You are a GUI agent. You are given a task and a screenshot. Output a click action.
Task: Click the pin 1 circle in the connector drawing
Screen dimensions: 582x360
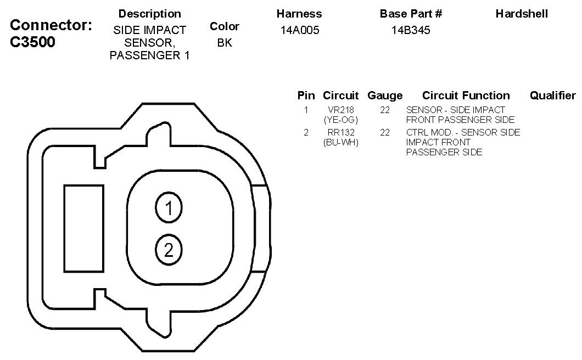coord(169,208)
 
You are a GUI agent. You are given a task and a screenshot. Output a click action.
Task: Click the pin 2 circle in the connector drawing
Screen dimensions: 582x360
coord(169,250)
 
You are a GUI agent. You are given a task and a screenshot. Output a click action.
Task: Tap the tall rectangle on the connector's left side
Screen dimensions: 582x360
coord(84,229)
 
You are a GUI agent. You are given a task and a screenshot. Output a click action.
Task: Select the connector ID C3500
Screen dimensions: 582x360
coord(32,42)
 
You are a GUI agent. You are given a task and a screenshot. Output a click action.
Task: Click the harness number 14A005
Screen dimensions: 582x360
coord(300,30)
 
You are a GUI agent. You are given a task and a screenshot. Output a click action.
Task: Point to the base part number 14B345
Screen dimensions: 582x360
coord(411,30)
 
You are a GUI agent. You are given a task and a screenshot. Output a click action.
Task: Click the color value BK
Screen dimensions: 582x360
coord(225,43)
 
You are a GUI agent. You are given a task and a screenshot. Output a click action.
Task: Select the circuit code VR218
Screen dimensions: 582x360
coord(341,110)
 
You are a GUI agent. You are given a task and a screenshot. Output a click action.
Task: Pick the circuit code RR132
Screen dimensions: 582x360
coord(341,132)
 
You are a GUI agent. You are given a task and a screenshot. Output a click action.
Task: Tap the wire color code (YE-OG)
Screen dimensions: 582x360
coord(341,120)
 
